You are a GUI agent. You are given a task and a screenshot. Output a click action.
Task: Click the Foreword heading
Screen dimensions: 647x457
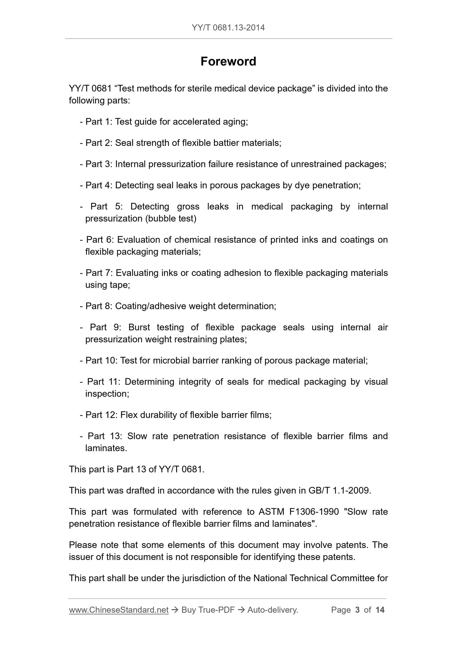(228, 61)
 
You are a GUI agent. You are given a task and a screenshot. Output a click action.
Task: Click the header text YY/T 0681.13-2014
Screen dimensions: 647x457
(228, 28)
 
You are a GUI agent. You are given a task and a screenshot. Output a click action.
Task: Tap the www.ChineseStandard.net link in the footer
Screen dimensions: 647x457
(119, 610)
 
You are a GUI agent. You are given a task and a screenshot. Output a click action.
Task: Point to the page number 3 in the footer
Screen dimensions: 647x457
(357, 610)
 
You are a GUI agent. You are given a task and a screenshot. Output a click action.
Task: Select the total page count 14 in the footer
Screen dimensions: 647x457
(380, 610)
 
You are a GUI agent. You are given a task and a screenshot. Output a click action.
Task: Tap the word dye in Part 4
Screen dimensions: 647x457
(302, 185)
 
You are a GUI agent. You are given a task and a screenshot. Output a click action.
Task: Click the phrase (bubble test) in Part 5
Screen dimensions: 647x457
(171, 218)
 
